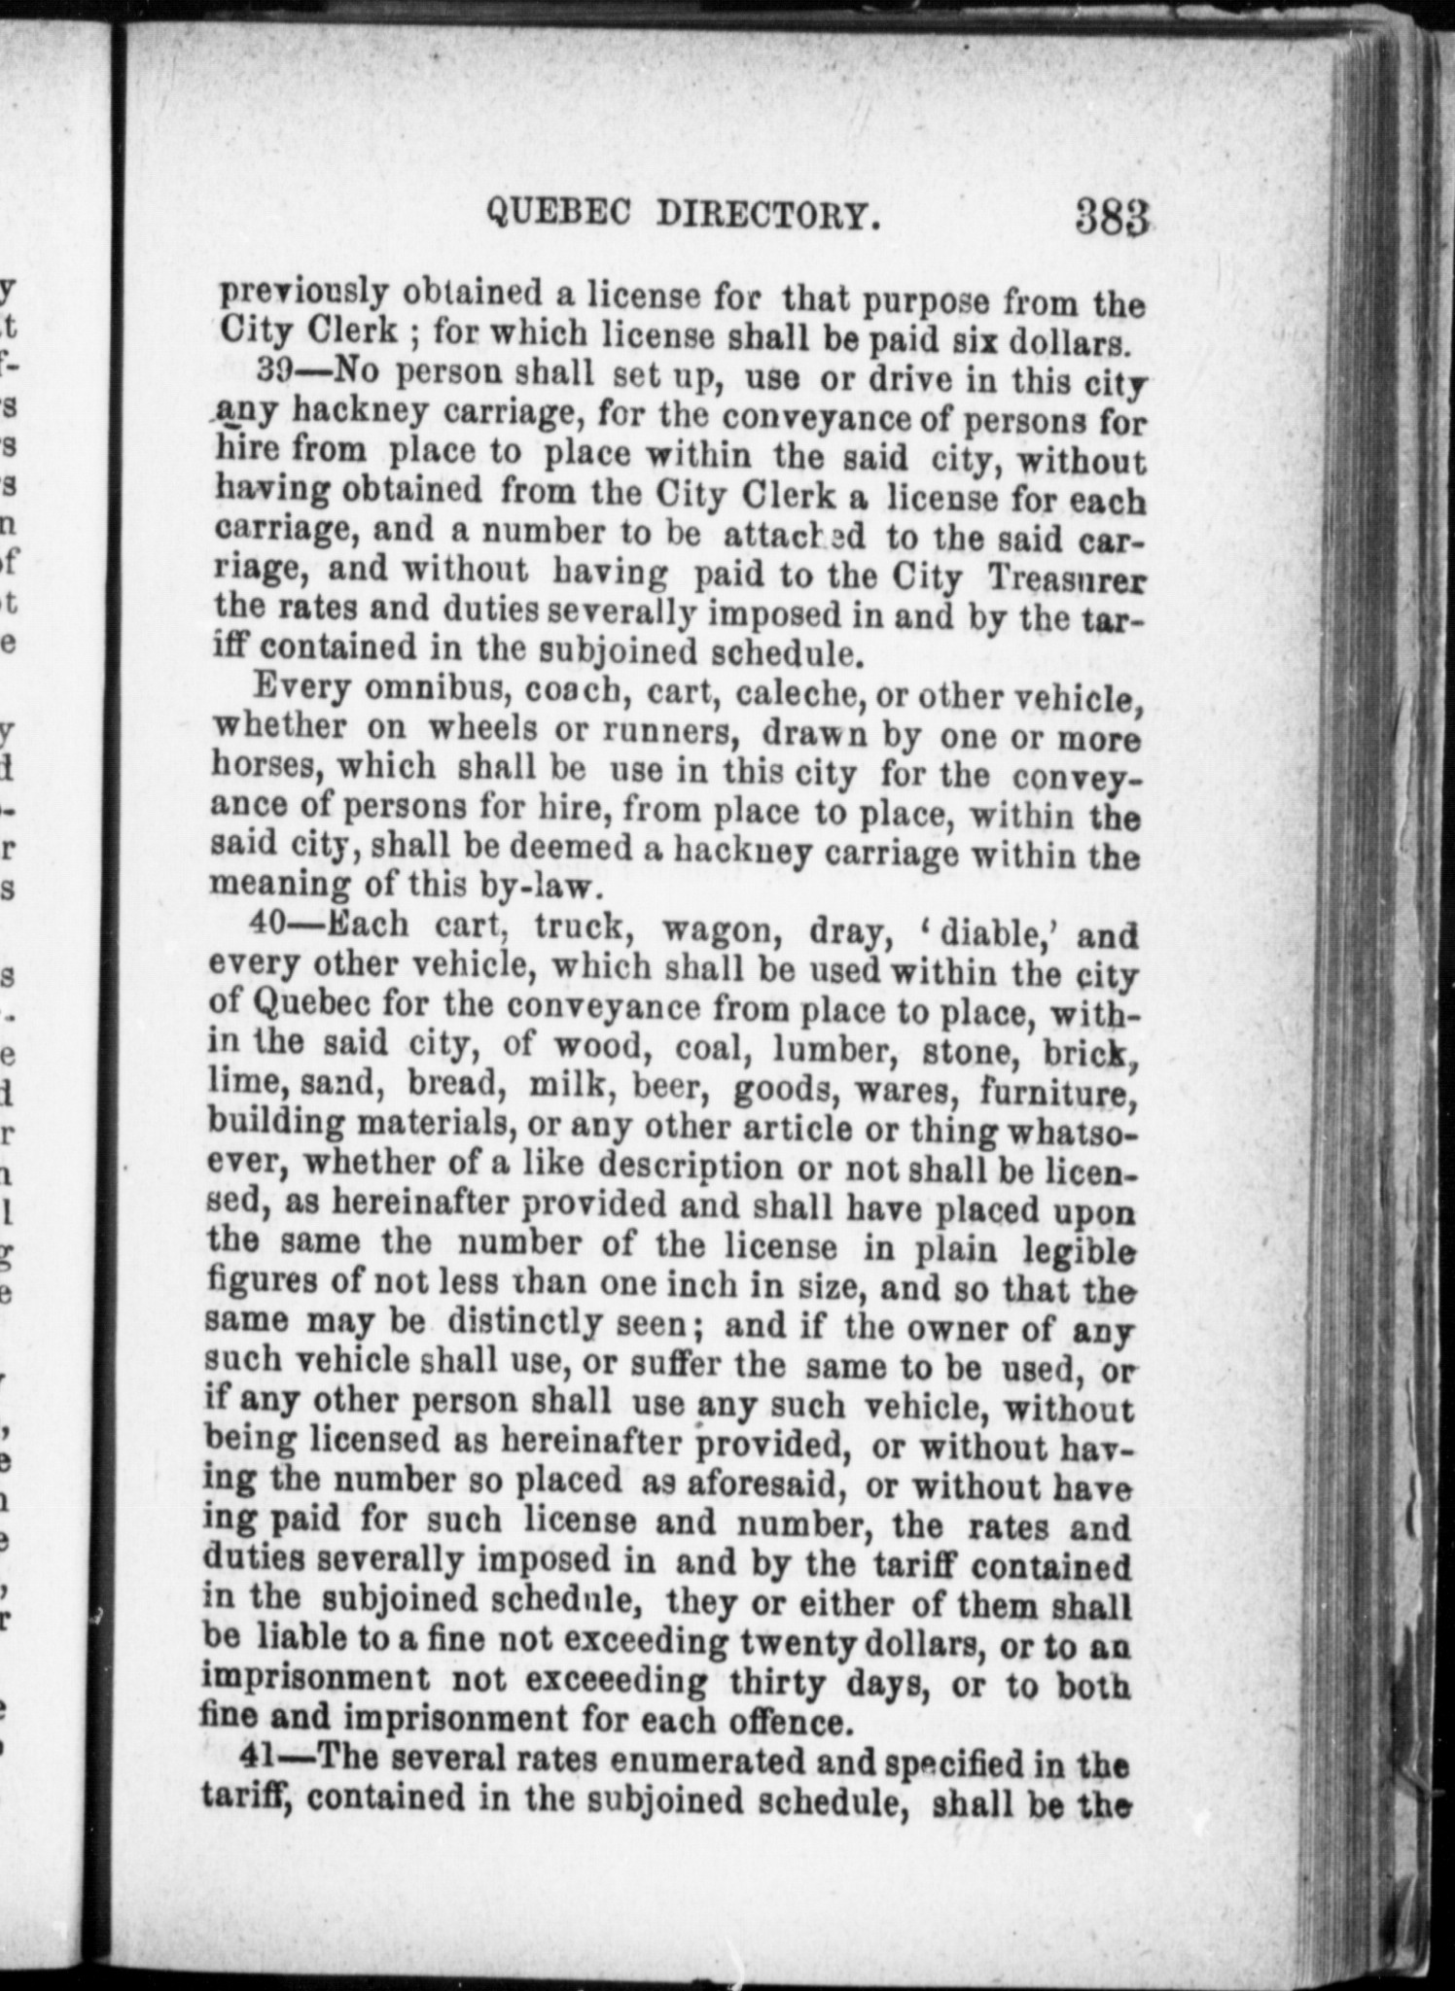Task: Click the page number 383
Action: (1112, 216)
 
